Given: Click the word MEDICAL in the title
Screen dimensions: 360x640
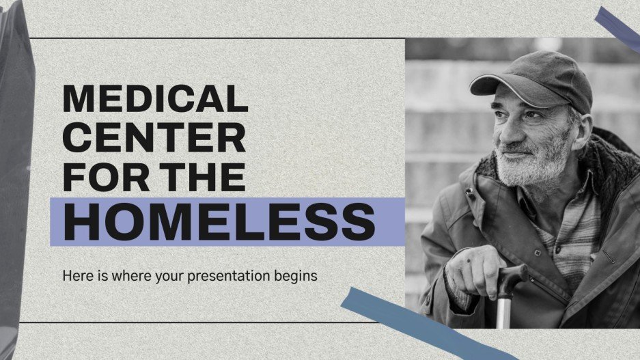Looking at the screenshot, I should (155, 100).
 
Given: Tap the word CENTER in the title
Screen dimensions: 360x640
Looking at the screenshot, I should (154, 139).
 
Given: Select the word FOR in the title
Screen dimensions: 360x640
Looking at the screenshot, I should (102, 177).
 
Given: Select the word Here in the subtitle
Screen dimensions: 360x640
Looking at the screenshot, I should (75, 277).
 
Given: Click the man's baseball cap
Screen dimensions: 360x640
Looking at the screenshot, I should (540, 79).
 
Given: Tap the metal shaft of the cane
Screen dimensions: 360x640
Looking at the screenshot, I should (503, 311).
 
